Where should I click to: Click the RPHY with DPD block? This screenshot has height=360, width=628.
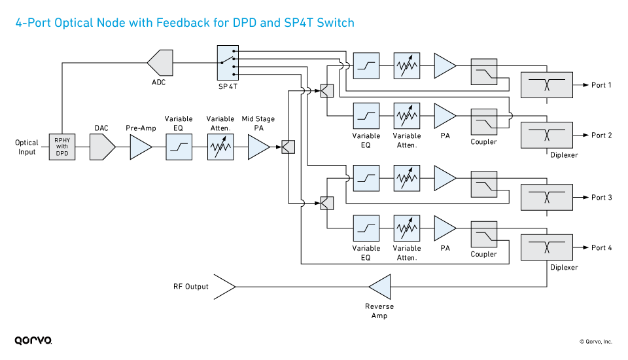62,147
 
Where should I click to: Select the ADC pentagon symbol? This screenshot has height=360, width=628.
160,63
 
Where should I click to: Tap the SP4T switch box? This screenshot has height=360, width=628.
228,63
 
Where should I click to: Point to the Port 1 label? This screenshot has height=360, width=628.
601,85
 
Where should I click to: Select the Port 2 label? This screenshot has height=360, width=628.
601,135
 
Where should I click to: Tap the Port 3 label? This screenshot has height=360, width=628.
601,197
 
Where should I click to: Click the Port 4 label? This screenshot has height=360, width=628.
601,247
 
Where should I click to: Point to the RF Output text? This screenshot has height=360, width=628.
191,287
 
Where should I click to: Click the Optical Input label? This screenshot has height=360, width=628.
27,147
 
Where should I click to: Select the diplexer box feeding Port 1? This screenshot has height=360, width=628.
546,85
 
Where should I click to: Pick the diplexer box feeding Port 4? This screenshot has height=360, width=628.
546,247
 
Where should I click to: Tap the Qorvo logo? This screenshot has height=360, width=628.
33,340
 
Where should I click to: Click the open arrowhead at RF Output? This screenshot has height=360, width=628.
225,287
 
